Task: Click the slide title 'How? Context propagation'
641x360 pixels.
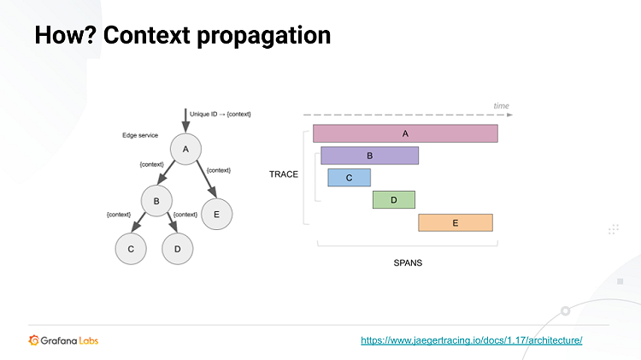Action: click(x=182, y=37)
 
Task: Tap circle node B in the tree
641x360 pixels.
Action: click(x=156, y=203)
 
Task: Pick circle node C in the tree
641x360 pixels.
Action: click(x=131, y=248)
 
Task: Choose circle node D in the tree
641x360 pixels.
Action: click(x=178, y=248)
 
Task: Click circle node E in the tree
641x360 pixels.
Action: click(x=216, y=214)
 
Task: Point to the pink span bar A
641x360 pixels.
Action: click(x=405, y=133)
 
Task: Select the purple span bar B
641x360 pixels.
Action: click(x=369, y=156)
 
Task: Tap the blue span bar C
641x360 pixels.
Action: click(x=349, y=177)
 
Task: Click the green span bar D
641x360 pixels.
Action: click(x=393, y=199)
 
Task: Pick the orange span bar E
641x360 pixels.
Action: click(x=455, y=222)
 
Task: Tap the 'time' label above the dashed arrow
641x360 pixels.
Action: click(x=501, y=106)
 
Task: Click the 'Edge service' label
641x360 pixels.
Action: click(x=141, y=135)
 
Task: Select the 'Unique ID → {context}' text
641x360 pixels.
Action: click(x=220, y=114)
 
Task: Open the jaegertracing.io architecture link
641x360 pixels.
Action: click(x=472, y=340)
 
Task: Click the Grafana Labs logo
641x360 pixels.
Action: click(x=63, y=340)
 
